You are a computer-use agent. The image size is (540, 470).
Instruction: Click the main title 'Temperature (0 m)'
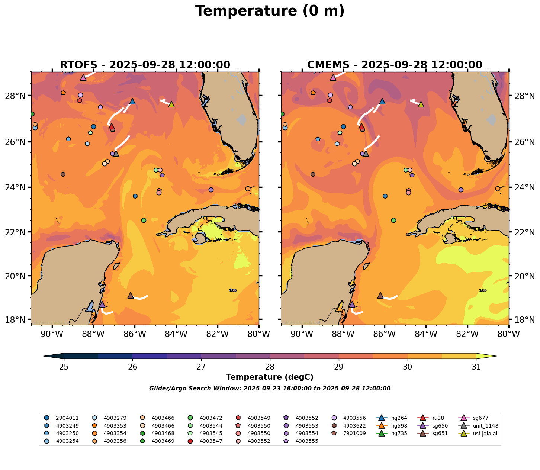click(x=270, y=11)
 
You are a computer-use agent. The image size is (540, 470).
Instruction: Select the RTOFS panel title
click(x=145, y=65)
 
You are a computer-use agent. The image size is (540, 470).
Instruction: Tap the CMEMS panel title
click(x=395, y=65)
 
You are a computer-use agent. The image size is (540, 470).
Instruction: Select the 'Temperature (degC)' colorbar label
click(x=270, y=377)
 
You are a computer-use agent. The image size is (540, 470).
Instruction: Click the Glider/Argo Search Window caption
click(x=270, y=389)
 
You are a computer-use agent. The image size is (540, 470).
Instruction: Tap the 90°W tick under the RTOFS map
click(x=51, y=334)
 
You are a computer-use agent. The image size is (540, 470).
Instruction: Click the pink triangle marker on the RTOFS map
click(x=83, y=78)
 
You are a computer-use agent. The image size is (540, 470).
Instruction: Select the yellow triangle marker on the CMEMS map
click(x=421, y=104)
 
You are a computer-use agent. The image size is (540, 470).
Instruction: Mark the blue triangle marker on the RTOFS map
click(x=132, y=102)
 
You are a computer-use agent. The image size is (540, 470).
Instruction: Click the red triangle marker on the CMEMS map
click(x=361, y=126)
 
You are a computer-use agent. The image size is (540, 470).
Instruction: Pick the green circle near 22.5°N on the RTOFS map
click(x=144, y=220)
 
